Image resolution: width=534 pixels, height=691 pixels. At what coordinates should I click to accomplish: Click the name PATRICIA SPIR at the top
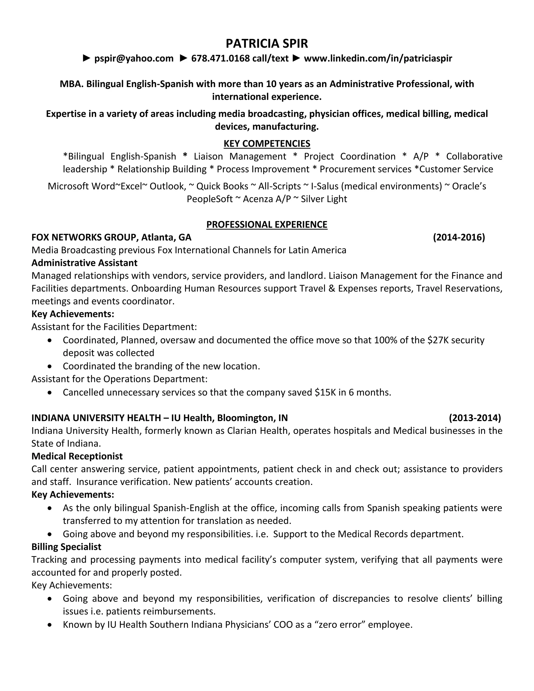click(267, 43)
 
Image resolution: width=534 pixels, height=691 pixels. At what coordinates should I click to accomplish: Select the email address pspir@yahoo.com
click(134, 58)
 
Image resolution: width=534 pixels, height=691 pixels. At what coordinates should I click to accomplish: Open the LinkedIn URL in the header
click(378, 58)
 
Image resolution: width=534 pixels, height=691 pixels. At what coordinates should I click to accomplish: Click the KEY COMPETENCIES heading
click(267, 144)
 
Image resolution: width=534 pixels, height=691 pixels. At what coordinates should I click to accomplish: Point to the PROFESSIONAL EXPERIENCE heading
click(267, 225)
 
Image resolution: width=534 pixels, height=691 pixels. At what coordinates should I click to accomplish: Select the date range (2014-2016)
click(459, 237)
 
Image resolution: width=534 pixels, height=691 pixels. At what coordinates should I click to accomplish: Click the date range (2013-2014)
click(475, 418)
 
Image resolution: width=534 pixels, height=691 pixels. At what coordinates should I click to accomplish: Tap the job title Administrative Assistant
click(84, 263)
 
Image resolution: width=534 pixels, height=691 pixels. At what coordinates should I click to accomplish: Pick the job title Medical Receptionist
click(77, 456)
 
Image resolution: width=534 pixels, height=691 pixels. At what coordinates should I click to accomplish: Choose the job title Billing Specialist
click(66, 547)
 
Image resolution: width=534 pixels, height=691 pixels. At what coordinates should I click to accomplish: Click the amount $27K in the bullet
click(438, 340)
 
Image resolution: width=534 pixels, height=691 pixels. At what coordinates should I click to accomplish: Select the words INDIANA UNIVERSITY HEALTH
click(96, 418)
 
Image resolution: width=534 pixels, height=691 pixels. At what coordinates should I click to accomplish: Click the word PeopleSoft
click(210, 199)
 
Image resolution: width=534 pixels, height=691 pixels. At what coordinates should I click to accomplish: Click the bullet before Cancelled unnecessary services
click(50, 393)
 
